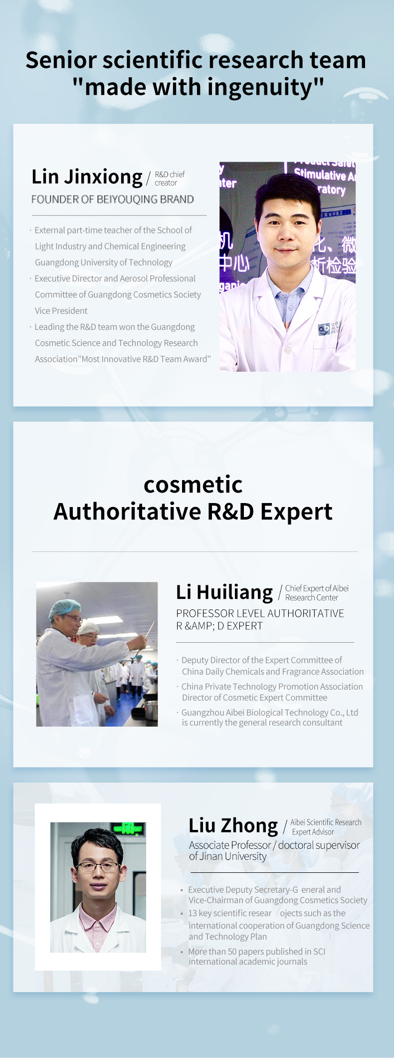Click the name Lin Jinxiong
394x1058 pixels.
pyautogui.click(x=87, y=177)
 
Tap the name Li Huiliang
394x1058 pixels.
pyautogui.click(x=224, y=592)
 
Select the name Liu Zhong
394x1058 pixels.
pyautogui.click(x=233, y=826)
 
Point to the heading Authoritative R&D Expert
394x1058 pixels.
pyautogui.click(x=193, y=512)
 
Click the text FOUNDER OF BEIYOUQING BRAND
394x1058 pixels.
pyautogui.click(x=112, y=200)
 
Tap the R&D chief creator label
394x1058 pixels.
pyautogui.click(x=170, y=179)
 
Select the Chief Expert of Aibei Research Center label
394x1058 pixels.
pyautogui.click(x=317, y=593)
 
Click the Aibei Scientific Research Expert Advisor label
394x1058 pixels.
pyautogui.click(x=326, y=827)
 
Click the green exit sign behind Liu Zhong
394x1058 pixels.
pyautogui.click(x=129, y=828)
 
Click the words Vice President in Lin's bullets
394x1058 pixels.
pyautogui.click(x=61, y=311)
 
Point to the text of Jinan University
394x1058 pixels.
pyautogui.click(x=228, y=856)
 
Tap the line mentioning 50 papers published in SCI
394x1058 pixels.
pyautogui.click(x=256, y=952)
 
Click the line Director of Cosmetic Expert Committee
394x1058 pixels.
pyautogui.click(x=254, y=698)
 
